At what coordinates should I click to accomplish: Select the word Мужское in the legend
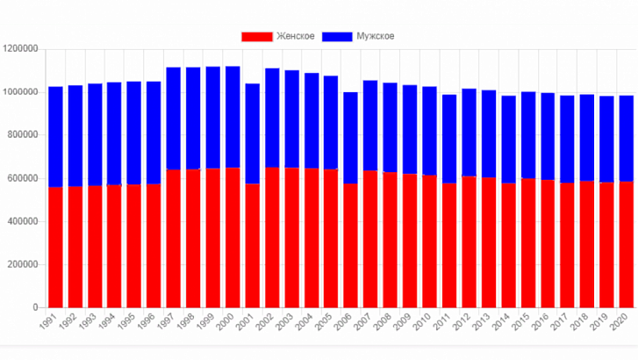(x=375, y=36)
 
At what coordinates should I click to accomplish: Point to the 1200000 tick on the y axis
(x=22, y=49)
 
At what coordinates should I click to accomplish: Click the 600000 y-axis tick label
(x=25, y=178)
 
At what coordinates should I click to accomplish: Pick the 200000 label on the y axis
(x=25, y=264)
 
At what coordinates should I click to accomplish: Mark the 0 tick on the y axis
(x=38, y=308)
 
